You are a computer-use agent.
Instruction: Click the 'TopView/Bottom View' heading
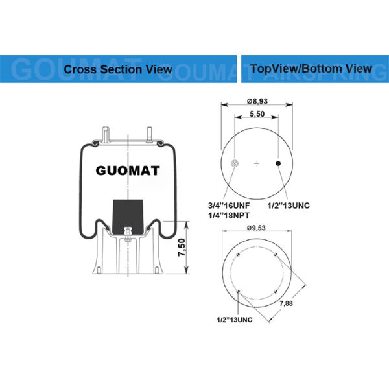coord(311,68)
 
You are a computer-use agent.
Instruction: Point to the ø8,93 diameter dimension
coord(257,102)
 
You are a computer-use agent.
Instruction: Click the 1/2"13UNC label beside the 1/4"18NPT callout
coord(289,205)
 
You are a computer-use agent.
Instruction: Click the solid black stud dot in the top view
coord(278,163)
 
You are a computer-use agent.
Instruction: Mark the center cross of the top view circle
coord(257,163)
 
